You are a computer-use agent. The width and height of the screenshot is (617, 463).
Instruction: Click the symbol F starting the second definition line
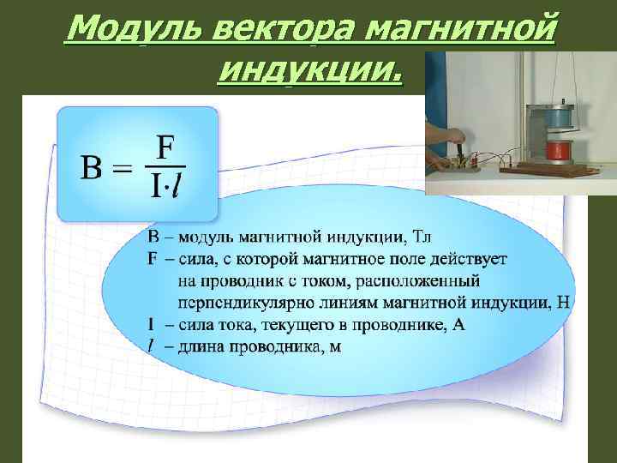tap(153, 258)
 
